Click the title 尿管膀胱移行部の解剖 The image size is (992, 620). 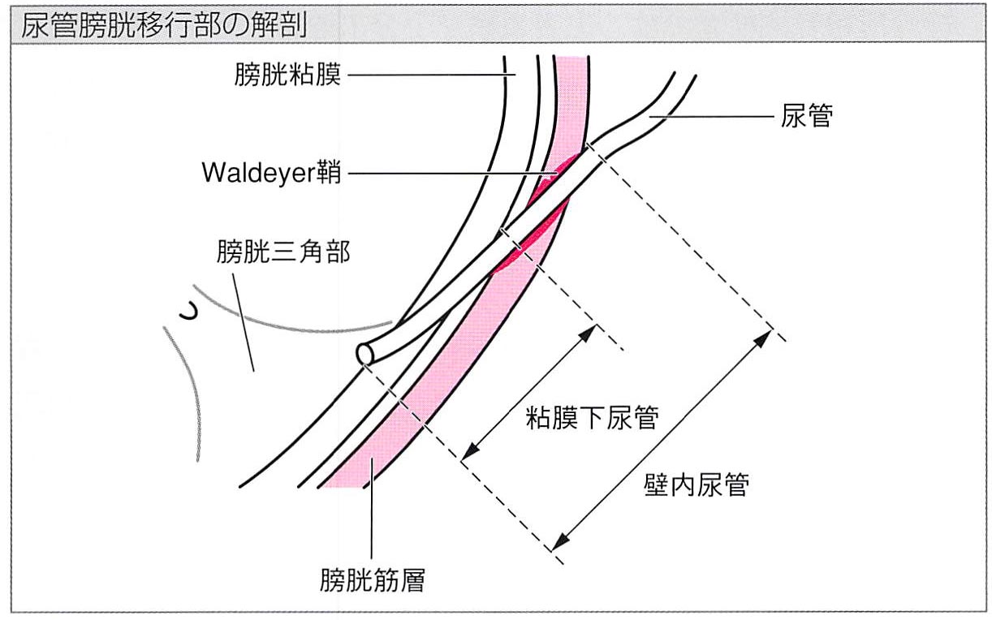[163, 24]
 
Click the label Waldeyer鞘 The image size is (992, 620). [272, 174]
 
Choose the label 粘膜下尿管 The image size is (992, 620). [590, 420]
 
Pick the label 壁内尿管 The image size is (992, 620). [693, 485]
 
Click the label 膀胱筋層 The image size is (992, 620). [372, 581]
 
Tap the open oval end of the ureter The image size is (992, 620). [364, 355]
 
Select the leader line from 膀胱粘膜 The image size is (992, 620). [430, 76]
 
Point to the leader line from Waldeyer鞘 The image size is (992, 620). [455, 174]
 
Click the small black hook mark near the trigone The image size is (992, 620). [189, 312]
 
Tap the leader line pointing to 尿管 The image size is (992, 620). [706, 118]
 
